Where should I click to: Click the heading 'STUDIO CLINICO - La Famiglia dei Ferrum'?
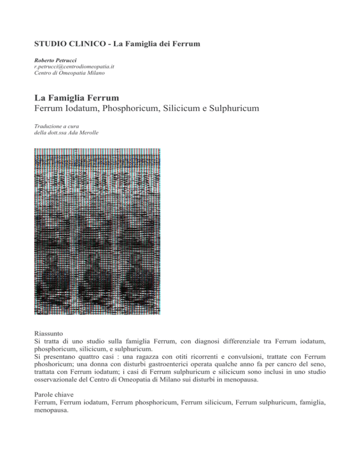click(118, 45)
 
